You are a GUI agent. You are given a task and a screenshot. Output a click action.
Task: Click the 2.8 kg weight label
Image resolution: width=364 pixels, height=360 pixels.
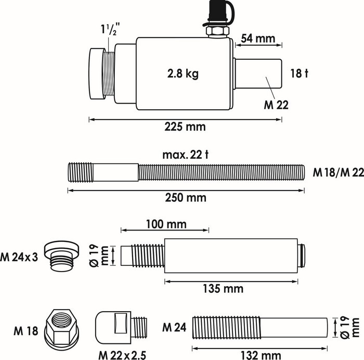pos(183,74)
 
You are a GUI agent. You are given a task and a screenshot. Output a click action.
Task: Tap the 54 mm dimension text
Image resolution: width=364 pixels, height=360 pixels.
pos(258,38)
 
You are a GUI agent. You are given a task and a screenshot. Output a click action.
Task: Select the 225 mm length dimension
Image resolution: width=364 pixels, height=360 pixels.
pos(185,127)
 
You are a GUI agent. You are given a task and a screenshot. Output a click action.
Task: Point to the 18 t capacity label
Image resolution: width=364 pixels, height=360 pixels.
pos(299,73)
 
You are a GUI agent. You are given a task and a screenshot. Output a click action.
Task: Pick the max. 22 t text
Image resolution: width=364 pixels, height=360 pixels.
pos(185,155)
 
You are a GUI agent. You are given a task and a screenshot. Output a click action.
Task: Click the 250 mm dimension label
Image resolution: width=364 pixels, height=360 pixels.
pos(186,198)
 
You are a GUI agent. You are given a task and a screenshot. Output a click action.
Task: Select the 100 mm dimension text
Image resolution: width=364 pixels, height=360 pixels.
pos(166,224)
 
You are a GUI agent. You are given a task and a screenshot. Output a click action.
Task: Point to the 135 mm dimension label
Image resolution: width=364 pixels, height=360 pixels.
pos(223,289)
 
